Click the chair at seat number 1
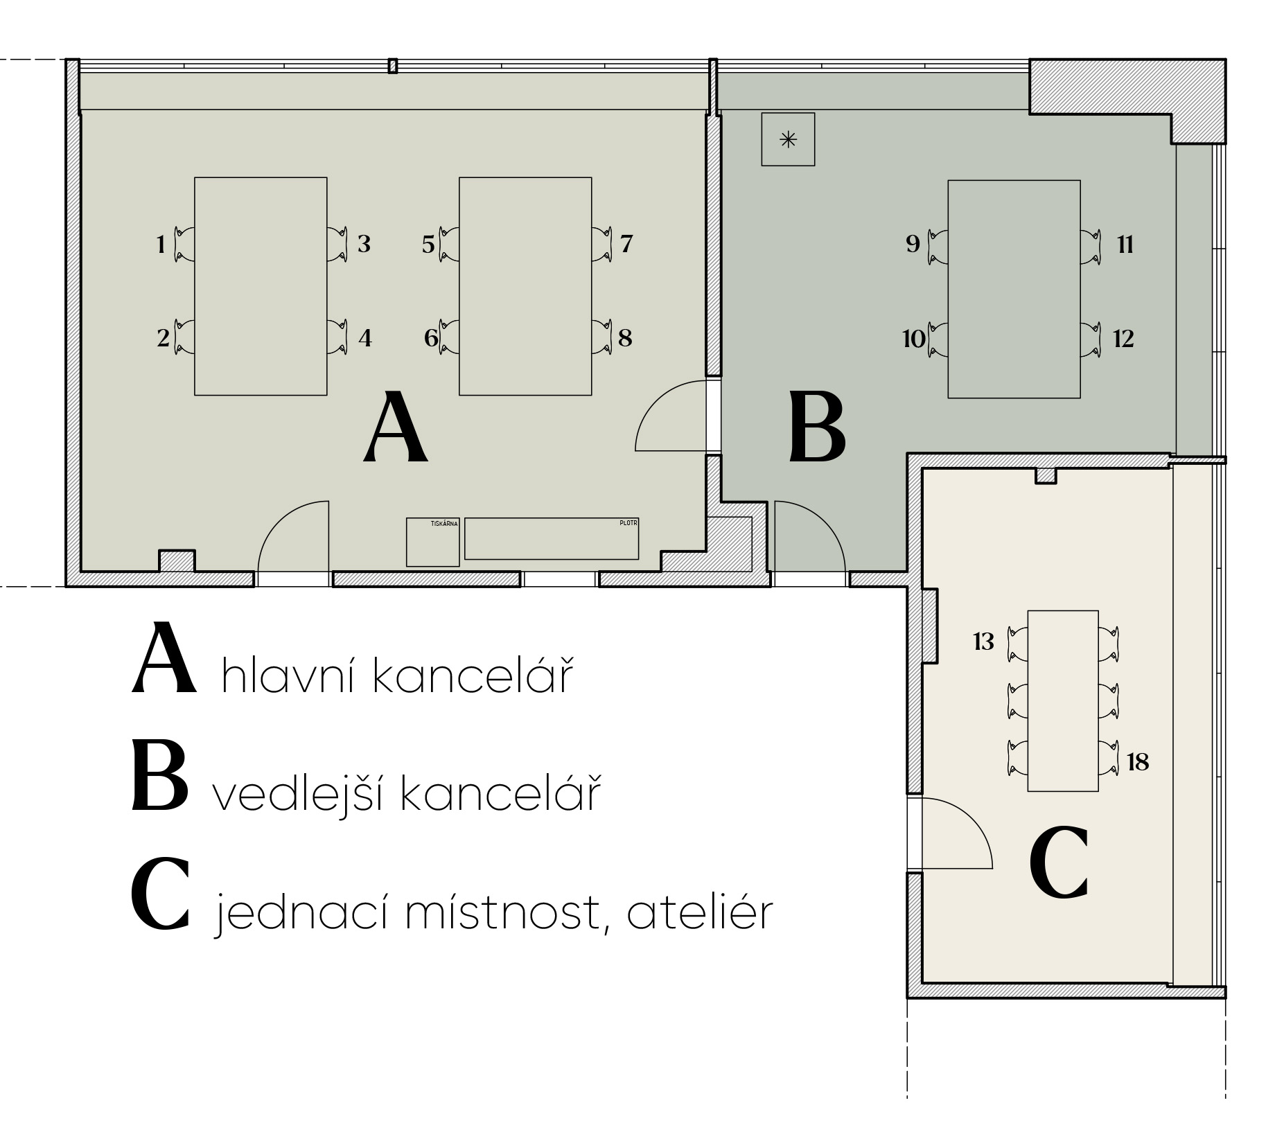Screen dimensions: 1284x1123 (184, 244)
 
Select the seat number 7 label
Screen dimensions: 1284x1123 (626, 244)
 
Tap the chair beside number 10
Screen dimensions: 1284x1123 (938, 339)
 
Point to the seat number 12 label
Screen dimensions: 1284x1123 (1123, 339)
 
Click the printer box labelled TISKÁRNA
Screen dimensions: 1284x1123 (432, 542)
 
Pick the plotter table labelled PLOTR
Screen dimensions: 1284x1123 (552, 538)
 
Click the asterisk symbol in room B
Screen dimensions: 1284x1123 (788, 140)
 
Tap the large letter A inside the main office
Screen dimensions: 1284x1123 (396, 427)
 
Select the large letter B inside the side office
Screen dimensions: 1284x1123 (818, 427)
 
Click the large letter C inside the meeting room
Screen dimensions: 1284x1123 (1059, 862)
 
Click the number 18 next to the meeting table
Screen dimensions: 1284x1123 (1138, 762)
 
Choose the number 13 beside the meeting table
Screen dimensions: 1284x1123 (983, 642)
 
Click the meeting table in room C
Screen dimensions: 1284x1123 (1063, 700)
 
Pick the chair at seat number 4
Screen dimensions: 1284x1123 (337, 337)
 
